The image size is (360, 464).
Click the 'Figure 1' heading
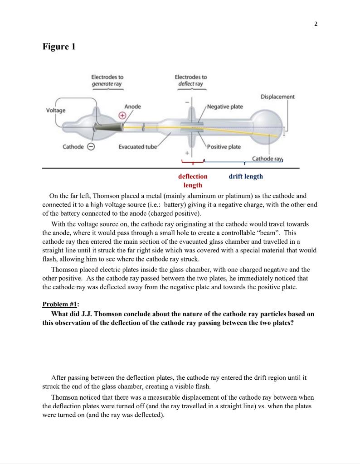(x=59, y=47)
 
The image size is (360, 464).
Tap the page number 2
(x=316, y=24)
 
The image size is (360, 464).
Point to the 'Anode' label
(x=133, y=106)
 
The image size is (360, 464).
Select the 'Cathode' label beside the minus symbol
(x=73, y=147)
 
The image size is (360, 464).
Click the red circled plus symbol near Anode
(x=122, y=116)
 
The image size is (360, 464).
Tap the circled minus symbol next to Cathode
(x=91, y=147)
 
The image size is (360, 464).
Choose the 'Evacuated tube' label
(x=137, y=147)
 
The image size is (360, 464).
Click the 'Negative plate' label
(x=225, y=106)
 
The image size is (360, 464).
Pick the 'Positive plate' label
(x=224, y=147)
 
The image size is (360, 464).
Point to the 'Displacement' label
(x=277, y=97)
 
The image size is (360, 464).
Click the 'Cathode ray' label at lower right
(x=268, y=159)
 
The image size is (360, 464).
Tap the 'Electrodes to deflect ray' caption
(x=190, y=81)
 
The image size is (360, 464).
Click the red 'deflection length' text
(x=193, y=180)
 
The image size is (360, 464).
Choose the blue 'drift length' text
(x=246, y=176)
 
